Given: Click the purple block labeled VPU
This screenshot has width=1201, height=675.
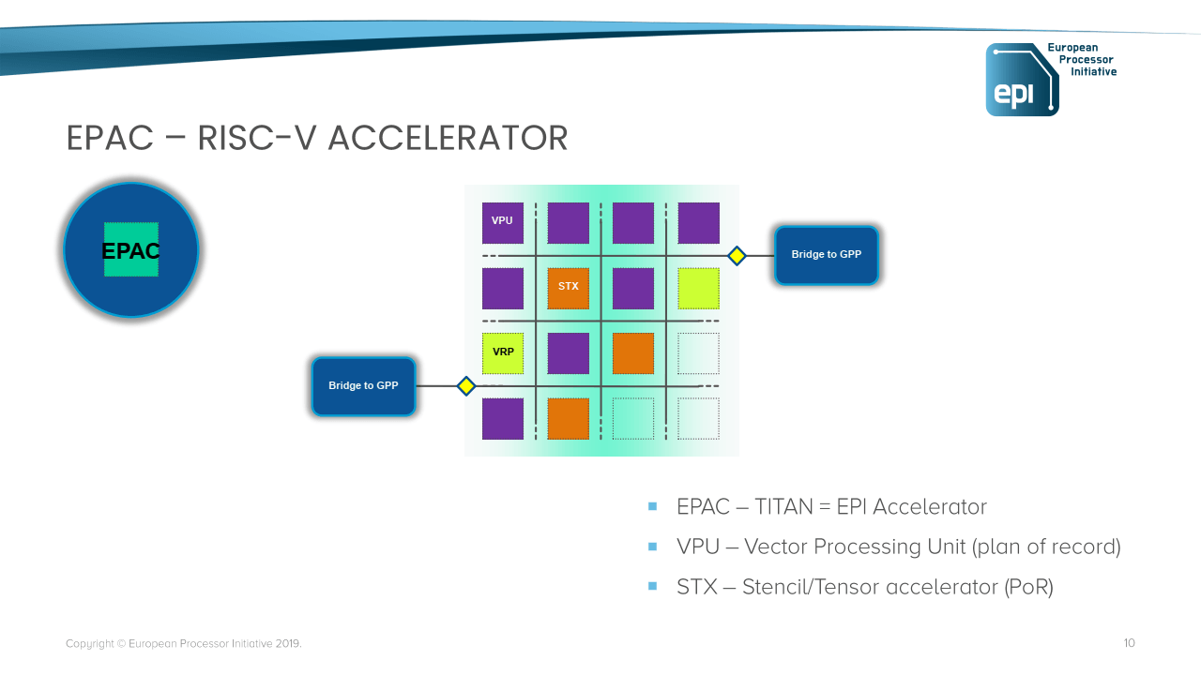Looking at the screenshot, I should click(x=503, y=222).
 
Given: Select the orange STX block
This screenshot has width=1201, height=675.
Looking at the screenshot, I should click(x=568, y=288).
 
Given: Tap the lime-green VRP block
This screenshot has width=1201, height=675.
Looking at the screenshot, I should click(x=503, y=353).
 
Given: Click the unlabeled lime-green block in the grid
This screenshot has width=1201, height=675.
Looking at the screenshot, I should click(x=698, y=288).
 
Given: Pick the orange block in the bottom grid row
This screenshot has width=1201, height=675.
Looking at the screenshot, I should click(x=568, y=419).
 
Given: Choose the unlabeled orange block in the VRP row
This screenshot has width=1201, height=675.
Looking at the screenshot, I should click(x=632, y=353).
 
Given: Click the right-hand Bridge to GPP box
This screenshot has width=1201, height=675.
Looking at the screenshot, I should click(x=826, y=255).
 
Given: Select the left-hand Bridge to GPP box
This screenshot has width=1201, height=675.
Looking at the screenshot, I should click(x=363, y=386).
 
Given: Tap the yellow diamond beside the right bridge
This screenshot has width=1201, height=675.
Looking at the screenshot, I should click(x=737, y=255).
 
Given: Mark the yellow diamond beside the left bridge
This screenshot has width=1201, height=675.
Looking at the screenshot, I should click(x=465, y=386).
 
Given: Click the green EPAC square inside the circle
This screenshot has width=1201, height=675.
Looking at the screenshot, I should click(x=131, y=249).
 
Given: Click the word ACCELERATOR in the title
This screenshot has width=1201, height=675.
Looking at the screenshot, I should click(x=448, y=138).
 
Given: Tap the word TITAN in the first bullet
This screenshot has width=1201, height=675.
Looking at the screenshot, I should click(x=783, y=507).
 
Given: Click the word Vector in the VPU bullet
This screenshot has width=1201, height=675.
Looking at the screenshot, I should click(x=776, y=547).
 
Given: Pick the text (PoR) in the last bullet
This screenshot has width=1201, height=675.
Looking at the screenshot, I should click(x=1028, y=587).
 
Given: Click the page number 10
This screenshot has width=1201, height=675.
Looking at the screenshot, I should click(x=1129, y=643).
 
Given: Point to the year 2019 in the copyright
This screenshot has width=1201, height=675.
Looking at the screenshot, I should click(x=287, y=644).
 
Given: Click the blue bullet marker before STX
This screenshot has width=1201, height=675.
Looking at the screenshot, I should click(x=653, y=586).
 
